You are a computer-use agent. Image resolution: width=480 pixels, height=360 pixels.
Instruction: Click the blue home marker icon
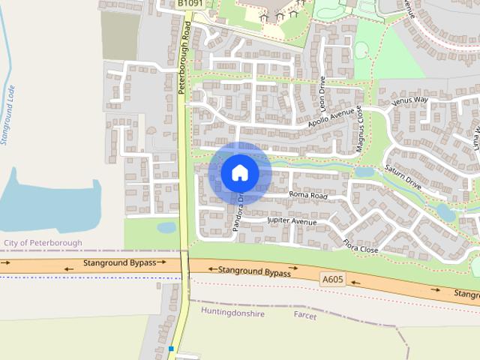[x=239, y=172]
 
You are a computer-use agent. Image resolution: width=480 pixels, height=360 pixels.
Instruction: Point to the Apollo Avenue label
[x=329, y=117]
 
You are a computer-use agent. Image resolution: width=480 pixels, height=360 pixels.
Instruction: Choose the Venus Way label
[x=410, y=100]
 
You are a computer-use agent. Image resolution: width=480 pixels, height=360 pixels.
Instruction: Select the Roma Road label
[x=308, y=195]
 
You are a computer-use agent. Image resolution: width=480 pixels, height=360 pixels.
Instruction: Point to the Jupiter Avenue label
[x=292, y=222]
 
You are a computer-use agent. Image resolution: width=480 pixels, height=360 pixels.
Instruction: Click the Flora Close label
[x=360, y=244]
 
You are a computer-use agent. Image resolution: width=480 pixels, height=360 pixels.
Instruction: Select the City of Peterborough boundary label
[x=43, y=243]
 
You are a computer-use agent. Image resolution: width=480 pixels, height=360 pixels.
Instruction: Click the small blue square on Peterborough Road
[x=171, y=349]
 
